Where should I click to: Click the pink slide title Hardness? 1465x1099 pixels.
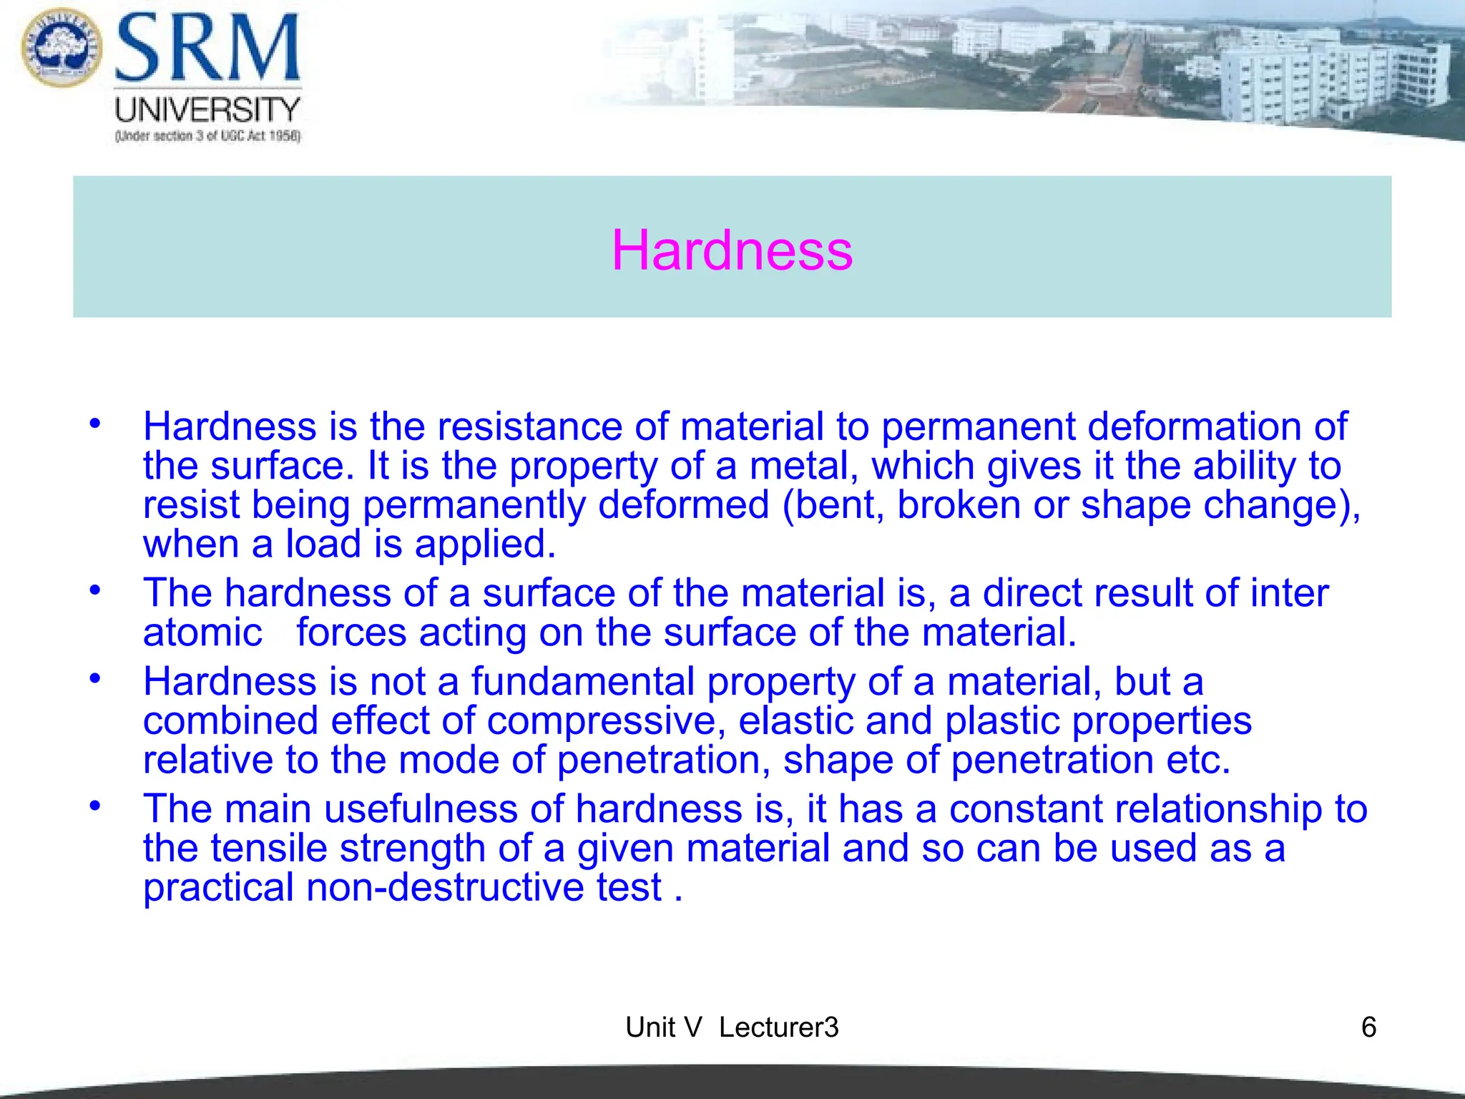click(x=732, y=250)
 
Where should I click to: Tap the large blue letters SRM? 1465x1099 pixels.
click(x=207, y=49)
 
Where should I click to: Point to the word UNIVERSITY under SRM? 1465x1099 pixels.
click(x=207, y=109)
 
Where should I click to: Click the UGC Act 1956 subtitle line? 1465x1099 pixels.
click(x=207, y=136)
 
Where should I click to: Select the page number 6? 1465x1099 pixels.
click(x=1368, y=1027)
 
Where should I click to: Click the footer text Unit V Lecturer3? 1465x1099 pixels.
click(x=732, y=1027)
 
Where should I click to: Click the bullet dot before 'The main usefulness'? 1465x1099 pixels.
click(x=95, y=806)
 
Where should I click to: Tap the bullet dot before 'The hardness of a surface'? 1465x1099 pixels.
click(x=95, y=590)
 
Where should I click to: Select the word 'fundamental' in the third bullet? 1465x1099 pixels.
click(x=582, y=681)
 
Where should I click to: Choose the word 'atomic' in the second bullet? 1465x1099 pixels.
click(x=202, y=632)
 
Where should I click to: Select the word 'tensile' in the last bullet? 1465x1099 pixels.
click(x=269, y=848)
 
